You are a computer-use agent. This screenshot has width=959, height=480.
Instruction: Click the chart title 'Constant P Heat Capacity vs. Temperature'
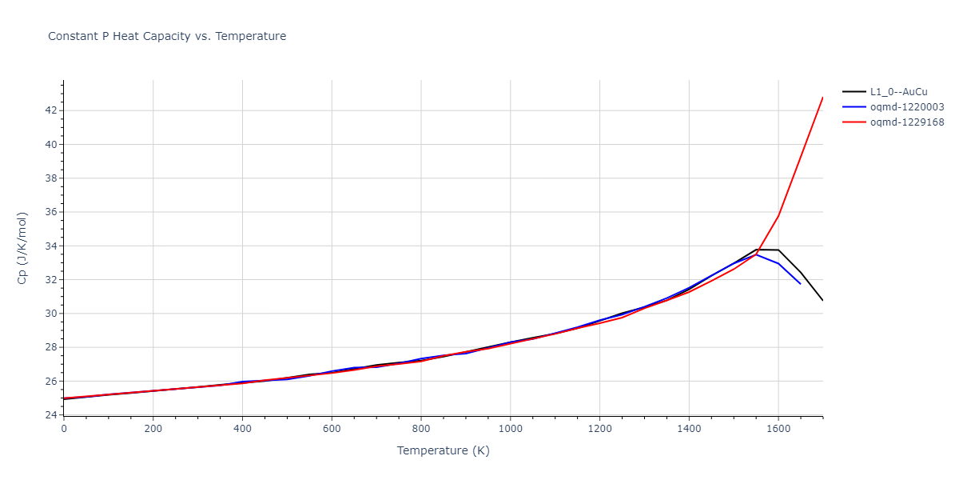point(167,36)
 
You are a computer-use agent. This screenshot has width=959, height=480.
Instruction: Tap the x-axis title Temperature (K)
point(443,450)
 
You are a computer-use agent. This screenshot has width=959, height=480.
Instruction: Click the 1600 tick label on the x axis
point(778,429)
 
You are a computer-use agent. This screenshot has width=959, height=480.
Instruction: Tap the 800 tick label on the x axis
point(421,429)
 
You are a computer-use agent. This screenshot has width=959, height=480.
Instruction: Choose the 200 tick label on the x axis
point(153,429)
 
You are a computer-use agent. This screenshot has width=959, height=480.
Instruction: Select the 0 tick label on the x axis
point(64,429)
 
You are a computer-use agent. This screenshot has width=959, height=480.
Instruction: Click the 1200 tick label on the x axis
point(599,429)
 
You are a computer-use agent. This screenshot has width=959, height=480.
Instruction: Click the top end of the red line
point(822,98)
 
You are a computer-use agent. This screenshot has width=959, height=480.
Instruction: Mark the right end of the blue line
point(800,283)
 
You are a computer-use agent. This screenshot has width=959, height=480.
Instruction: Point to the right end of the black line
point(822,300)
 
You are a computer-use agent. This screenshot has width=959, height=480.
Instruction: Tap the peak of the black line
point(758,250)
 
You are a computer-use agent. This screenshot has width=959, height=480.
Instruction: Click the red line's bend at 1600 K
point(778,215)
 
